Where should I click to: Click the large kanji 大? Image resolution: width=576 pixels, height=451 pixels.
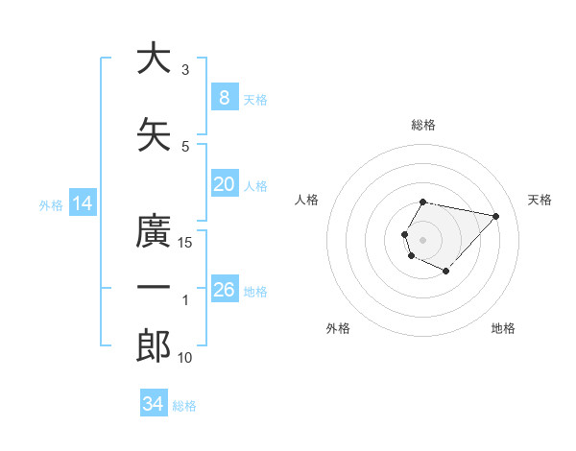(153, 59)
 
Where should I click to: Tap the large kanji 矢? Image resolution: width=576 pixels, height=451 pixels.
(153, 135)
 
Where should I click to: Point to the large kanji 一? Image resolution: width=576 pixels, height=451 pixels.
(153, 288)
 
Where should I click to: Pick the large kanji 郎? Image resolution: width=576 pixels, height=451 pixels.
(153, 346)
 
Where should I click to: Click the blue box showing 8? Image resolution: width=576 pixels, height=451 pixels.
(224, 98)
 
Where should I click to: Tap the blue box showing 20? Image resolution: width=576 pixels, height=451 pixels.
(224, 184)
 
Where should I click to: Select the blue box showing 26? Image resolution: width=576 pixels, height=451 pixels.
(224, 290)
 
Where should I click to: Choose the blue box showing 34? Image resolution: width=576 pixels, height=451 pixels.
(153, 404)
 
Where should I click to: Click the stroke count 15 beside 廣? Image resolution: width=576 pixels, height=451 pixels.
(185, 243)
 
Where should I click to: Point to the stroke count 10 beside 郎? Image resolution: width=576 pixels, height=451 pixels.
(185, 358)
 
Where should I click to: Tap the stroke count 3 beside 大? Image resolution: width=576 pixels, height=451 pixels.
(185, 70)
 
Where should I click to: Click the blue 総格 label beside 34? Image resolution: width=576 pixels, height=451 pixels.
(184, 406)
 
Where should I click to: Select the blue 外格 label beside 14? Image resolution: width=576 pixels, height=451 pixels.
(51, 204)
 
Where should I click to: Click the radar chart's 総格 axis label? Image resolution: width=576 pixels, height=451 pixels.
(423, 125)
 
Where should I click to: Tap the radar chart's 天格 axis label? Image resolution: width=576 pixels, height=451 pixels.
(540, 200)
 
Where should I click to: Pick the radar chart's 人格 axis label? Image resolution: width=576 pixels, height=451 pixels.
(307, 200)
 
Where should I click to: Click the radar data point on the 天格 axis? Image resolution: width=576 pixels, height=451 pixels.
(495, 216)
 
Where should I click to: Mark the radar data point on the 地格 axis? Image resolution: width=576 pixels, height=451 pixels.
(446, 272)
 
